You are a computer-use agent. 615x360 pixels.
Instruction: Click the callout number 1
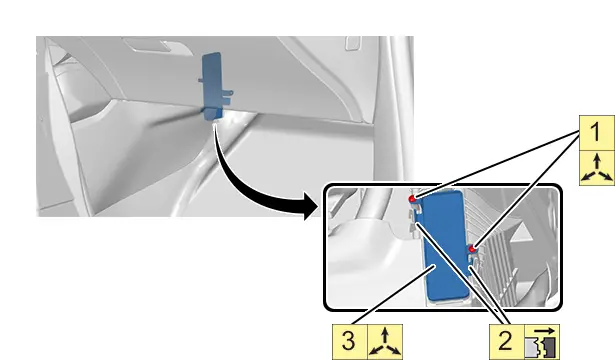pyautogui.click(x=595, y=133)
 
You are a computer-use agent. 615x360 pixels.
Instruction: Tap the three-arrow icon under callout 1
pyautogui.click(x=597, y=168)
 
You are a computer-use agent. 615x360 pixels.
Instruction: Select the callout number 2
pyautogui.click(x=505, y=341)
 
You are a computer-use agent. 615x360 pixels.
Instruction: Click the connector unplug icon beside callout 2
pyautogui.click(x=542, y=341)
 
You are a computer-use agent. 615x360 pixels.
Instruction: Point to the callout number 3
pyautogui.click(x=349, y=341)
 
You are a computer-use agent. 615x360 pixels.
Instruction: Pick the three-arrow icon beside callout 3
pyautogui.click(x=385, y=342)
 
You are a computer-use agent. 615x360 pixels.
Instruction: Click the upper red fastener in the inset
pyautogui.click(x=412, y=199)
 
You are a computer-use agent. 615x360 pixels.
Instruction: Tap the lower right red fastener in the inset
pyautogui.click(x=473, y=249)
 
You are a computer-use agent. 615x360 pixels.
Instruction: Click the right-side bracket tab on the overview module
pyautogui.click(x=228, y=94)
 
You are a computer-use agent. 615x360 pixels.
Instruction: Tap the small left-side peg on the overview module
pyautogui.click(x=200, y=81)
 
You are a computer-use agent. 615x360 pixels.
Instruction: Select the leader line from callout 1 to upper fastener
pyautogui.click(x=497, y=164)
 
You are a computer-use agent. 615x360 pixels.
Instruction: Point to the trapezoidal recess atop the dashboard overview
pyautogui.click(x=156, y=45)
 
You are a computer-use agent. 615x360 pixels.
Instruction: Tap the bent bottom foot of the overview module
pyautogui.click(x=213, y=114)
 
